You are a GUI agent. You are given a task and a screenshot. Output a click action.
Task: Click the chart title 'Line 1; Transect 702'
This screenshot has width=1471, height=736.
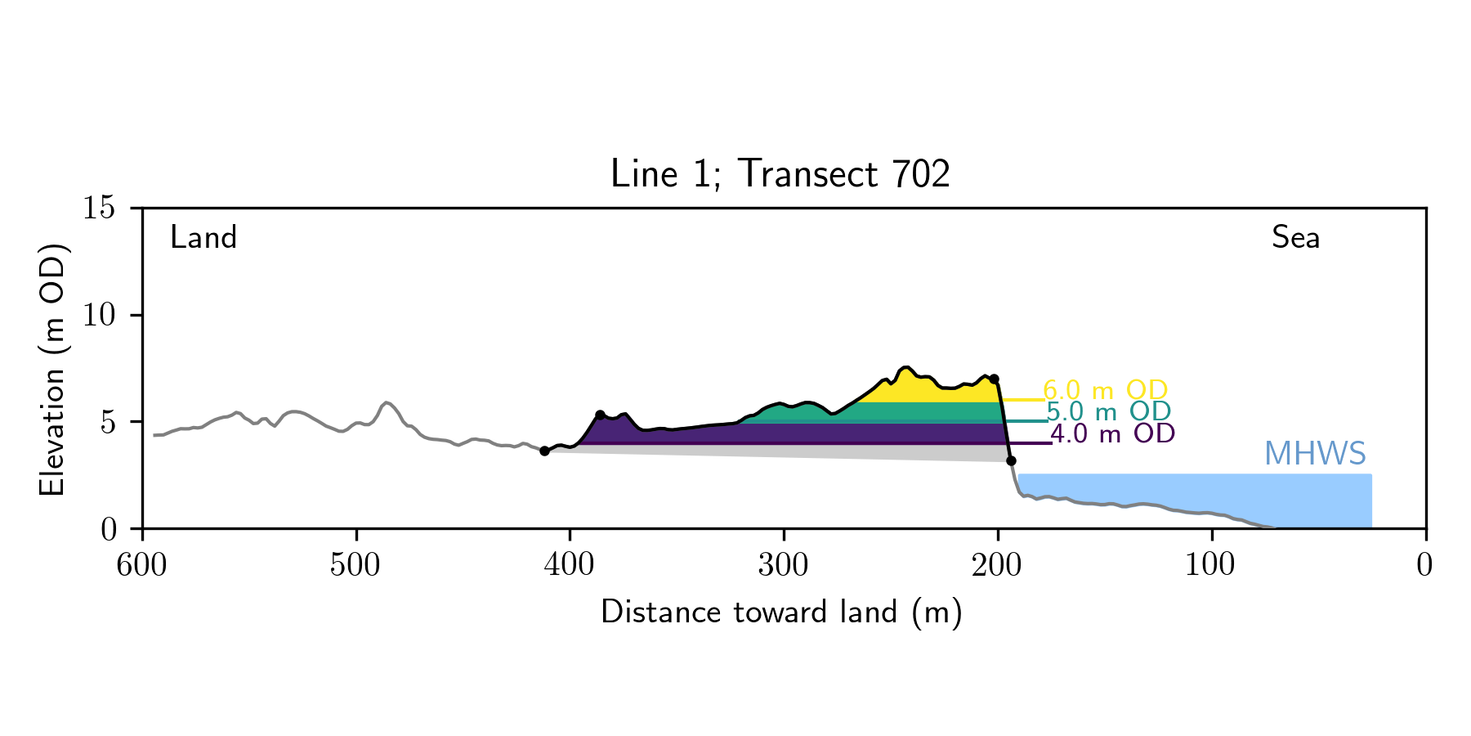[x=780, y=174]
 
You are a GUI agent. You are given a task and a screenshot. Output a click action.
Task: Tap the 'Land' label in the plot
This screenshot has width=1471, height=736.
[x=203, y=238]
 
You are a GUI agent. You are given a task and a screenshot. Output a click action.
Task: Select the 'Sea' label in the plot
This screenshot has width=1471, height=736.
[x=1295, y=238]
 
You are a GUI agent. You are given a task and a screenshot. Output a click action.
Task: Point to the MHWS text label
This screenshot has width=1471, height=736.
[x=1314, y=454]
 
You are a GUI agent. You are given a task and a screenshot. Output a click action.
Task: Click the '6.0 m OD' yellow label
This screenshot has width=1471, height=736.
[x=1105, y=391]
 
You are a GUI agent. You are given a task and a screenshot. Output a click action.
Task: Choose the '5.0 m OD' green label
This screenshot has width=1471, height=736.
[x=1108, y=412]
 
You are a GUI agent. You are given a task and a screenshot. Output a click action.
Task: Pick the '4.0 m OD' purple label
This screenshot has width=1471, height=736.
[x=1112, y=433]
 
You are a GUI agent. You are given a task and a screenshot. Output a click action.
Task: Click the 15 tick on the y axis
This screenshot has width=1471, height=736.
[x=99, y=208]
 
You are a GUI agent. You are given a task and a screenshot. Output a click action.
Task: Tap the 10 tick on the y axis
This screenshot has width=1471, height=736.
[x=99, y=315]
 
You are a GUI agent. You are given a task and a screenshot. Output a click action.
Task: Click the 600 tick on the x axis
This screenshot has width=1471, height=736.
[x=142, y=565]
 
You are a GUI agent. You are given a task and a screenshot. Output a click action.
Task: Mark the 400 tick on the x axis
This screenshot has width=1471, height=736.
[x=570, y=565]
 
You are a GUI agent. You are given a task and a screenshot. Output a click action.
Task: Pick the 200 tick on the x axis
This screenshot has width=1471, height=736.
[x=997, y=565]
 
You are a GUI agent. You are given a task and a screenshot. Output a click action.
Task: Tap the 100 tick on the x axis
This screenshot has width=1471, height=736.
[x=1211, y=565]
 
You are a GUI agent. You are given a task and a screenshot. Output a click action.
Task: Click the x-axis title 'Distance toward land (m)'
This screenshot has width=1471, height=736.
[x=781, y=613]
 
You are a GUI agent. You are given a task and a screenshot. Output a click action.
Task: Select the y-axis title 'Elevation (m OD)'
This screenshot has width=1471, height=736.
[x=52, y=369]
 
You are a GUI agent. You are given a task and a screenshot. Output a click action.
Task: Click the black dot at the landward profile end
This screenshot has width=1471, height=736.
[x=544, y=451]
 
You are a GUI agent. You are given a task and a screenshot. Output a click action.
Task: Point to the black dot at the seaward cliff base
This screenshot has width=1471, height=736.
[x=1011, y=460]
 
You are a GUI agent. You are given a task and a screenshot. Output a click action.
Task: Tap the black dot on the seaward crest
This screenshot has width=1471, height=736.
[x=994, y=379]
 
